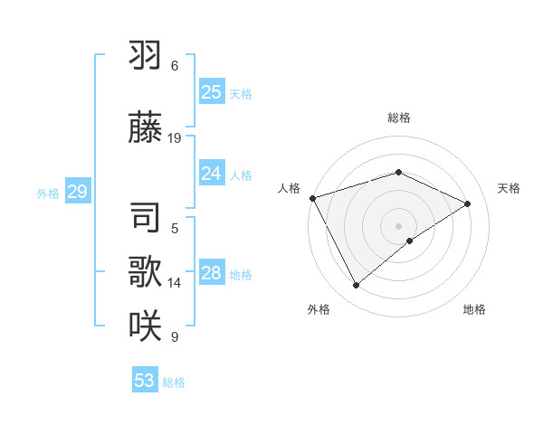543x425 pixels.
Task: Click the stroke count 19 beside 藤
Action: point(175,138)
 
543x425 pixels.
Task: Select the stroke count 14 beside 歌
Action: point(175,283)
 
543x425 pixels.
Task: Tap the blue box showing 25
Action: point(211,91)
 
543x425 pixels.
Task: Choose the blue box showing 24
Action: point(211,174)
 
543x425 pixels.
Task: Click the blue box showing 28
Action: point(211,273)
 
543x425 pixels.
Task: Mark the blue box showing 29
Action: point(77,192)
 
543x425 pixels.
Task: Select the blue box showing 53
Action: point(144,381)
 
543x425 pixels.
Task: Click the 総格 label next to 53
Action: point(174,382)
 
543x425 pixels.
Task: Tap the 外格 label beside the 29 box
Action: point(48,194)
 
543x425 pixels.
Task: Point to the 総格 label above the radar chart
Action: point(398,118)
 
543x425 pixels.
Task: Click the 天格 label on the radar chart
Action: point(509,188)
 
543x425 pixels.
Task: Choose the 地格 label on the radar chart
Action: point(474,309)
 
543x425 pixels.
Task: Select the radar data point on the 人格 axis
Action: point(312,198)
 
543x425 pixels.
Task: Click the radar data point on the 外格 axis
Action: point(356,286)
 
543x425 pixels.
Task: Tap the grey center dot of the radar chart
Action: point(398,226)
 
